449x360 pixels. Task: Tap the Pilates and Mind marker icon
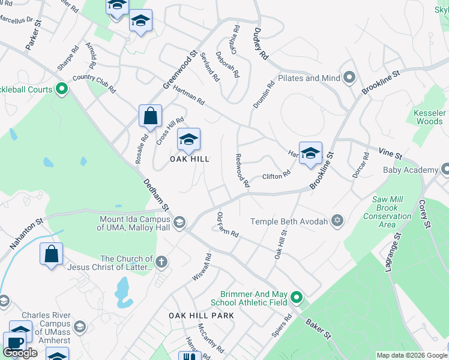pos(349,78)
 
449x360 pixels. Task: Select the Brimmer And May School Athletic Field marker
pos(296,297)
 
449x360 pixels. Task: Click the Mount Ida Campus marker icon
pos(178,223)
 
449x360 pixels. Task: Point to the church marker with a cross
pos(161,262)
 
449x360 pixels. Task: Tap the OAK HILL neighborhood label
pos(189,159)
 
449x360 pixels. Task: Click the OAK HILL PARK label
pos(200,316)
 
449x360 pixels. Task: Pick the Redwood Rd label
pos(243,170)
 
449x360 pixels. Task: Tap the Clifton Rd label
pos(276,176)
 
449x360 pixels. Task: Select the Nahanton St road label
pos(27,235)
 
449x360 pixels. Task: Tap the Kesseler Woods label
pos(429,117)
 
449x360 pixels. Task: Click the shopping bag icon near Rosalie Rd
pos(150,116)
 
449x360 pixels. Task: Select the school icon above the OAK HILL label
pos(188,140)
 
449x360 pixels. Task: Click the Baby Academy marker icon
pos(444,170)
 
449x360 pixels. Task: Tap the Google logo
pos(20,353)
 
